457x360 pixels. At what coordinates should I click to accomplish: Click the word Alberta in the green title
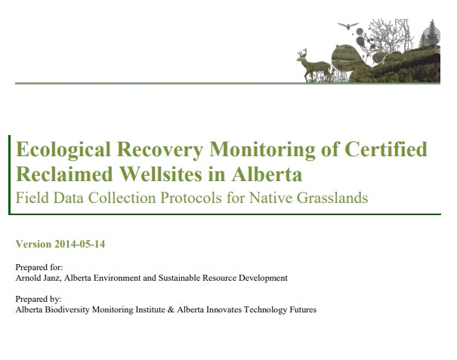pos(269,175)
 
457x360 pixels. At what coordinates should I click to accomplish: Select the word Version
pos(32,244)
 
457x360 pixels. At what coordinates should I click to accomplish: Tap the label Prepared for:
pos(39,268)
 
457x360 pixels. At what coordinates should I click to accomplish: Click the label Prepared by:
pos(39,300)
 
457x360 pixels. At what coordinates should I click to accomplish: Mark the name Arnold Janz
pos(39,278)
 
